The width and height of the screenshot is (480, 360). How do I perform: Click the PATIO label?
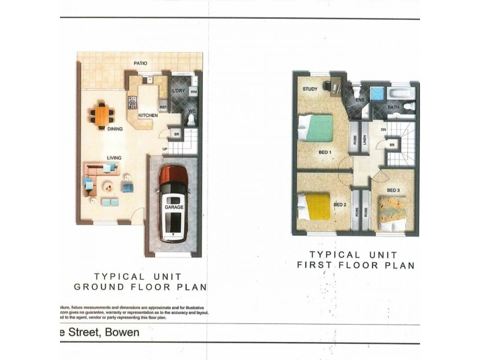(140, 63)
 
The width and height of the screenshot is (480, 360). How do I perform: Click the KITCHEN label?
(148, 115)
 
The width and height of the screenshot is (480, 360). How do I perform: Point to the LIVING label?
(115, 158)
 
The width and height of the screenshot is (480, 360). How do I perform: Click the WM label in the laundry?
(193, 92)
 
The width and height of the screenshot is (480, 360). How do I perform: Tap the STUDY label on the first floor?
(310, 89)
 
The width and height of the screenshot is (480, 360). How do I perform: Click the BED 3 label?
(394, 191)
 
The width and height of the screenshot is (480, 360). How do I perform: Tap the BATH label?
(394, 107)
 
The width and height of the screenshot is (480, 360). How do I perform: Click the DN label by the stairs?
(383, 130)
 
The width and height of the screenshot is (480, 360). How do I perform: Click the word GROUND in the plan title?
(100, 287)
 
